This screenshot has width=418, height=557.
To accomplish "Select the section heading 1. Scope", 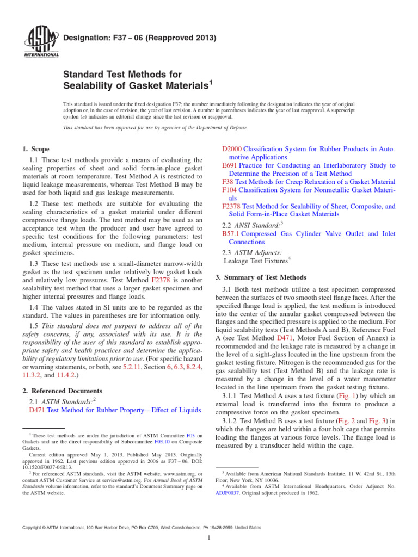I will (35, 148).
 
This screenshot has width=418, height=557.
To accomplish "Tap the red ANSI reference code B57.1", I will (231, 233).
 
